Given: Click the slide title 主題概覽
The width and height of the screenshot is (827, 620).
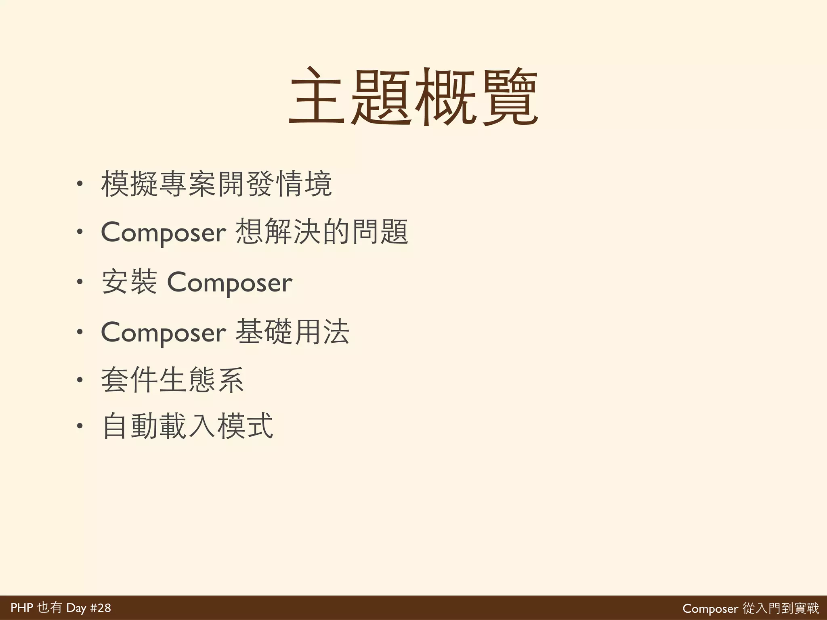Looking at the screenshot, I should [x=413, y=97].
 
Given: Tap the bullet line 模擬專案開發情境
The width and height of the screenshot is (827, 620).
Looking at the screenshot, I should [x=216, y=184].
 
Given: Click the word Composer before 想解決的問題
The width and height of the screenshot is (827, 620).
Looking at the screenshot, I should [x=163, y=233].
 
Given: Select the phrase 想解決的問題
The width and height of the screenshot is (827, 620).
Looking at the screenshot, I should [x=322, y=232].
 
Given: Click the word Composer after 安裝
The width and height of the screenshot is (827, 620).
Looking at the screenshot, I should [x=229, y=283].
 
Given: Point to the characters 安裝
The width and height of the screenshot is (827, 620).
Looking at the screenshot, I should [x=129, y=282].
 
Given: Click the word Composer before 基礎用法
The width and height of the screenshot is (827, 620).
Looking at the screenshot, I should [x=163, y=333].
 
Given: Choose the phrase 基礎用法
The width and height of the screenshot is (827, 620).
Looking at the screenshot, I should [x=292, y=332].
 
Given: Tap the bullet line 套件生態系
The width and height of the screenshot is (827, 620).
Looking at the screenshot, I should [x=172, y=380].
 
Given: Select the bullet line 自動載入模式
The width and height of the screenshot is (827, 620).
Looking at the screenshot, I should [x=188, y=426].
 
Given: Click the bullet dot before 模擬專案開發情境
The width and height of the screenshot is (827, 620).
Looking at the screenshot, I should [x=80, y=184].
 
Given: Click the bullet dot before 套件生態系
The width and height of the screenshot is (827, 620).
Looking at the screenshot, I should [x=80, y=380].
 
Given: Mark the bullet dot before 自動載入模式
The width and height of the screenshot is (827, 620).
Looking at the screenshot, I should [x=80, y=426].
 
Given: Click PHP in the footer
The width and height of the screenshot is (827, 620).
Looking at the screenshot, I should [x=21, y=608].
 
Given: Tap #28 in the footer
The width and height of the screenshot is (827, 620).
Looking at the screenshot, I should [x=100, y=608].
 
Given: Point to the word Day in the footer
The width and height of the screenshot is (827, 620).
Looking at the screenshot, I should [x=76, y=608].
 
